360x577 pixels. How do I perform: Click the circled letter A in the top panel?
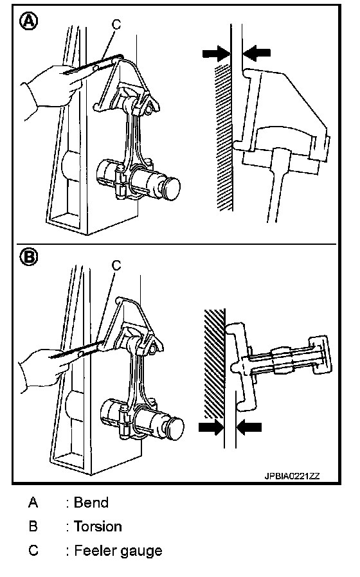click(x=28, y=22)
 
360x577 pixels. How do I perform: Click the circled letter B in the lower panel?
click(x=28, y=256)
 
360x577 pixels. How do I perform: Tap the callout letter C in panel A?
click(x=116, y=24)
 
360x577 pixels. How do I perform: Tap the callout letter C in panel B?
click(x=116, y=265)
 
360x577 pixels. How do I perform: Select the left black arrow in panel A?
click(x=217, y=53)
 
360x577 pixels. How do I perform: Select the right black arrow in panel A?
click(x=257, y=53)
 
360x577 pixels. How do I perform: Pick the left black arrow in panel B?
click(x=212, y=427)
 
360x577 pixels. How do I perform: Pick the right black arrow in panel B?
click(x=249, y=427)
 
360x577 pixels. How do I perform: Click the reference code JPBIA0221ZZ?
click(x=292, y=476)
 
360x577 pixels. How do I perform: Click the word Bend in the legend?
click(x=91, y=502)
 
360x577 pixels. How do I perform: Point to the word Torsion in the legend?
click(x=98, y=526)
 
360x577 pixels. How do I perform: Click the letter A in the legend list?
click(x=33, y=502)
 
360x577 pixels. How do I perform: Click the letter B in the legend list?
click(x=33, y=526)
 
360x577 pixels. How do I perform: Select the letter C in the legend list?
click(x=33, y=551)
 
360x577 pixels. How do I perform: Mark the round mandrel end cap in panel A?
click(x=170, y=189)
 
